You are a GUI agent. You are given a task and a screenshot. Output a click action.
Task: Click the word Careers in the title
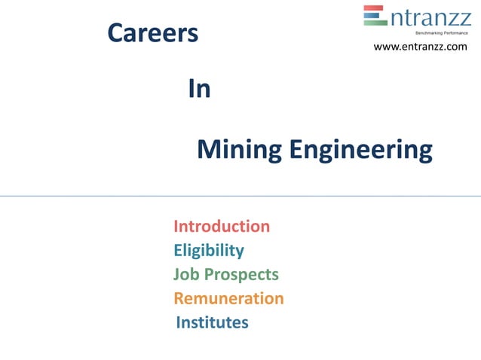[x=153, y=33]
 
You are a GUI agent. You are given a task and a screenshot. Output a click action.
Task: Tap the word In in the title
[x=199, y=90]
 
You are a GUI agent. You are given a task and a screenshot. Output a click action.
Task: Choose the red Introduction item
[x=222, y=226]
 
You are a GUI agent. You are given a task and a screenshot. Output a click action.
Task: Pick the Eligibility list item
[x=209, y=250]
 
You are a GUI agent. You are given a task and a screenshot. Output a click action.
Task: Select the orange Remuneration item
[x=228, y=298]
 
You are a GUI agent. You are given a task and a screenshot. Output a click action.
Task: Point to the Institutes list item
[x=212, y=322]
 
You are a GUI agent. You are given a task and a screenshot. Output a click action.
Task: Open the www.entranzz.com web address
[x=421, y=47]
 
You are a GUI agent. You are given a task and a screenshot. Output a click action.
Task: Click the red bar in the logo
[x=375, y=9]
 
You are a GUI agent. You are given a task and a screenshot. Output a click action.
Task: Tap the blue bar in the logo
[x=375, y=16]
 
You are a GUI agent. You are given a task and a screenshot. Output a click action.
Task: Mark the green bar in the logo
[x=375, y=23]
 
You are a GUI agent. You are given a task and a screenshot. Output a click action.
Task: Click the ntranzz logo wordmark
[x=430, y=17]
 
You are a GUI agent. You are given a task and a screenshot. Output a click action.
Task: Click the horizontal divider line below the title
[x=240, y=196]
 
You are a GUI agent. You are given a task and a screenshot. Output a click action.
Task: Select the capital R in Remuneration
[x=179, y=298]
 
